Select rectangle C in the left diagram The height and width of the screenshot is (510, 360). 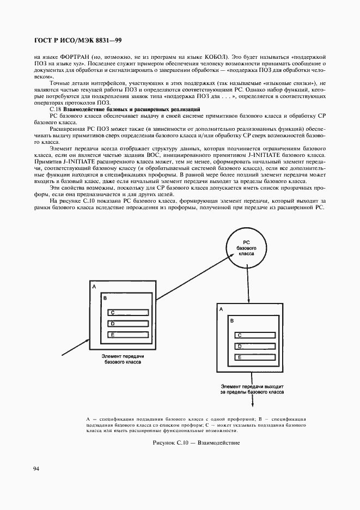(128, 312)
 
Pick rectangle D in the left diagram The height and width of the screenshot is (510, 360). (128, 324)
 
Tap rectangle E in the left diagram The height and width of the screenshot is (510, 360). (128, 335)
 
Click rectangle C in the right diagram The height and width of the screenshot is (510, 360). (253, 335)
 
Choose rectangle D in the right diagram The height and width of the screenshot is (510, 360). (253, 346)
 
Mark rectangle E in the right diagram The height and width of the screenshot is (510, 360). (253, 357)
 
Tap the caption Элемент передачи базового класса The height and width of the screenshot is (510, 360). (123, 358)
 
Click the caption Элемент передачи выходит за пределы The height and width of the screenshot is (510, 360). (252, 388)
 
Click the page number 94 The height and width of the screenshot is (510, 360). (36, 469)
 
